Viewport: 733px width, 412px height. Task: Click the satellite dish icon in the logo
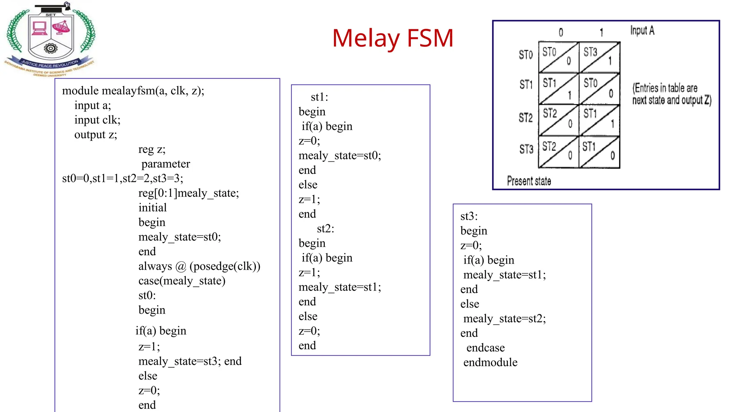pos(62,27)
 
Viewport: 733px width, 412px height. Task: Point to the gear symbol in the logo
pos(50,48)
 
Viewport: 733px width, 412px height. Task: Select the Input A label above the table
pos(642,31)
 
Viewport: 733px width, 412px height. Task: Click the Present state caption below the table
pos(529,181)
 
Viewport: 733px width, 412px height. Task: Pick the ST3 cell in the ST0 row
pos(591,52)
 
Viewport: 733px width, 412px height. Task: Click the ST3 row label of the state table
pos(526,149)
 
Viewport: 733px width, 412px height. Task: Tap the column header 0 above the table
pos(561,33)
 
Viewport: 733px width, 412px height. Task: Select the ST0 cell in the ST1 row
pos(591,83)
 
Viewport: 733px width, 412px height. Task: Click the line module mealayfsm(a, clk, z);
pos(133,91)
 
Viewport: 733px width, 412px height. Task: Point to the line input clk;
pos(97,120)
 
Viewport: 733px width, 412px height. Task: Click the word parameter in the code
pos(166,164)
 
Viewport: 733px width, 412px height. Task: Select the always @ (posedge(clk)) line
pos(199,266)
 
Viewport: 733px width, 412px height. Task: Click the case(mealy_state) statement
pos(182,281)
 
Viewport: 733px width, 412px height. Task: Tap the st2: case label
pos(325,229)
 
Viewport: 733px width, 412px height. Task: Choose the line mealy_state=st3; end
pos(190,361)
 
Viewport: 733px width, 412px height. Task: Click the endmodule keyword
pos(490,362)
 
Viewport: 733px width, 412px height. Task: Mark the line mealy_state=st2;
pos(505,318)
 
